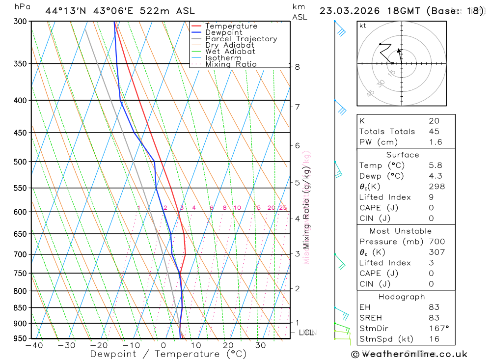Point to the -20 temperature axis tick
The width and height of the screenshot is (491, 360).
pos(99,345)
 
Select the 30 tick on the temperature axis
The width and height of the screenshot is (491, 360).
pos(260,345)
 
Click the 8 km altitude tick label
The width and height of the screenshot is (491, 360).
pos(298,67)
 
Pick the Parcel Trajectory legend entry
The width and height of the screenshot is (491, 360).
pos(241,39)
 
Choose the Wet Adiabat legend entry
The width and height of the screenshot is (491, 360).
pos(230,52)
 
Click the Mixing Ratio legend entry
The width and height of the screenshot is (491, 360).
pos(231,64)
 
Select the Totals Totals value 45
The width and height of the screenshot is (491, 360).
pos(434,132)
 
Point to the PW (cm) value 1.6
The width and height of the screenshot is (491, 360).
pos(436,142)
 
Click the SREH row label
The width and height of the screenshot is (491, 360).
pos(370,318)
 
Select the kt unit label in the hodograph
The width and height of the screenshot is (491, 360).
pos(363,26)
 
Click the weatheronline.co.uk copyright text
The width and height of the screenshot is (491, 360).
pos(409,354)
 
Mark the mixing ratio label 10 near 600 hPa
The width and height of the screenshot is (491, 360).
pos(237,208)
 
